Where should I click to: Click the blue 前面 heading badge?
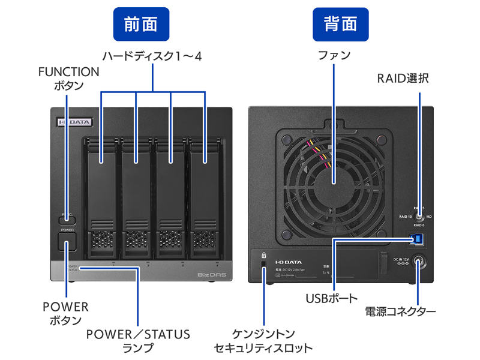point(141,23)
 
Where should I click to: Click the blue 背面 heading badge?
point(340,23)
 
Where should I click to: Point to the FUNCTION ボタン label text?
point(68,79)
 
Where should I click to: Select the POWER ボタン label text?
point(65,313)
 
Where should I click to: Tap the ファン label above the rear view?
point(334,56)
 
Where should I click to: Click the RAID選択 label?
point(403,78)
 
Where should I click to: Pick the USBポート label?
point(331,298)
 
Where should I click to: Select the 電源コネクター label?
point(400,311)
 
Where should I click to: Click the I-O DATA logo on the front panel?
point(74,122)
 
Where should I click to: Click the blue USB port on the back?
point(416,240)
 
